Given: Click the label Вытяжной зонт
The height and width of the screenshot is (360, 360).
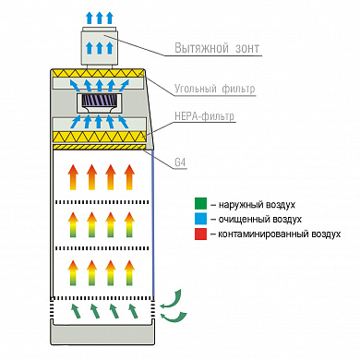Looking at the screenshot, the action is click(x=217, y=48).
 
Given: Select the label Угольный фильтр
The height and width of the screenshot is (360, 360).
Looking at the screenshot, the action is click(x=215, y=89).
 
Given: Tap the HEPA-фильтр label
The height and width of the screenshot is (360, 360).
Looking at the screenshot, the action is click(x=205, y=116).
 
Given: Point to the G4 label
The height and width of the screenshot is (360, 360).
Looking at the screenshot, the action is click(x=180, y=162).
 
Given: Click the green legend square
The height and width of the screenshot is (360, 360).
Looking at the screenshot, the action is click(x=200, y=204).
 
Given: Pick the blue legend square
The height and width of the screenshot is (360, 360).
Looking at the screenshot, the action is click(x=200, y=219).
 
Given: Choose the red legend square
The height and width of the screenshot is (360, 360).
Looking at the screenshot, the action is click(x=200, y=234).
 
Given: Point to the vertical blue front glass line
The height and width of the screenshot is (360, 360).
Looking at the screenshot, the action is click(x=153, y=223).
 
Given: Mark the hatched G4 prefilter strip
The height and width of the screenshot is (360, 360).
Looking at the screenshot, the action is click(x=100, y=147).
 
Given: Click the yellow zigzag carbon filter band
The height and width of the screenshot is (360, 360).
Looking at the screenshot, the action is click(x=98, y=73).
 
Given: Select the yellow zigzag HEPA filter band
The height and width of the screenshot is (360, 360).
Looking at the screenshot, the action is click(x=99, y=136).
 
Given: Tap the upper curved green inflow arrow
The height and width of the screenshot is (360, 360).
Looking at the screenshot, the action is click(x=173, y=298).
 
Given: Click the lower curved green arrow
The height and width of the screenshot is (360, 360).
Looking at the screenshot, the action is click(x=174, y=318).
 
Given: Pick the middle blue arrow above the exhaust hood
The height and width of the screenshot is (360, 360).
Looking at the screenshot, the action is click(x=99, y=18).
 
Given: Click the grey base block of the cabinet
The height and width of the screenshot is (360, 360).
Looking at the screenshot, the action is click(x=102, y=334).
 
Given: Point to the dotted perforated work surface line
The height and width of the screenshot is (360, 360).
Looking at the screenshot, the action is click(x=102, y=298).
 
